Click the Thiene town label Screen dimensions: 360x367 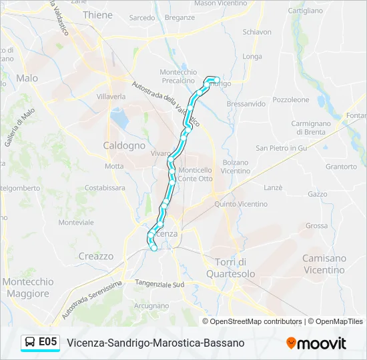(98, 15)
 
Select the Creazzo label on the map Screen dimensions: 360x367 (96, 256)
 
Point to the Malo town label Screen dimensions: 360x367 (27, 78)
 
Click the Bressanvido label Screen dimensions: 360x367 (246, 104)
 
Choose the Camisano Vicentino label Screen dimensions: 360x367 (324, 264)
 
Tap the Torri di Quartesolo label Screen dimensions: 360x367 (231, 267)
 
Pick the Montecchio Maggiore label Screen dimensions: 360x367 (27, 287)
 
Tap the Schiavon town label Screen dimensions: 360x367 (257, 32)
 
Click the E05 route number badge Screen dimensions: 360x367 (47, 342)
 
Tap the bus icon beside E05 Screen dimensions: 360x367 (31, 343)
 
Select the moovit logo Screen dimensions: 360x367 (316, 343)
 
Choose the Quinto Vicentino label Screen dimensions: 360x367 (241, 204)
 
